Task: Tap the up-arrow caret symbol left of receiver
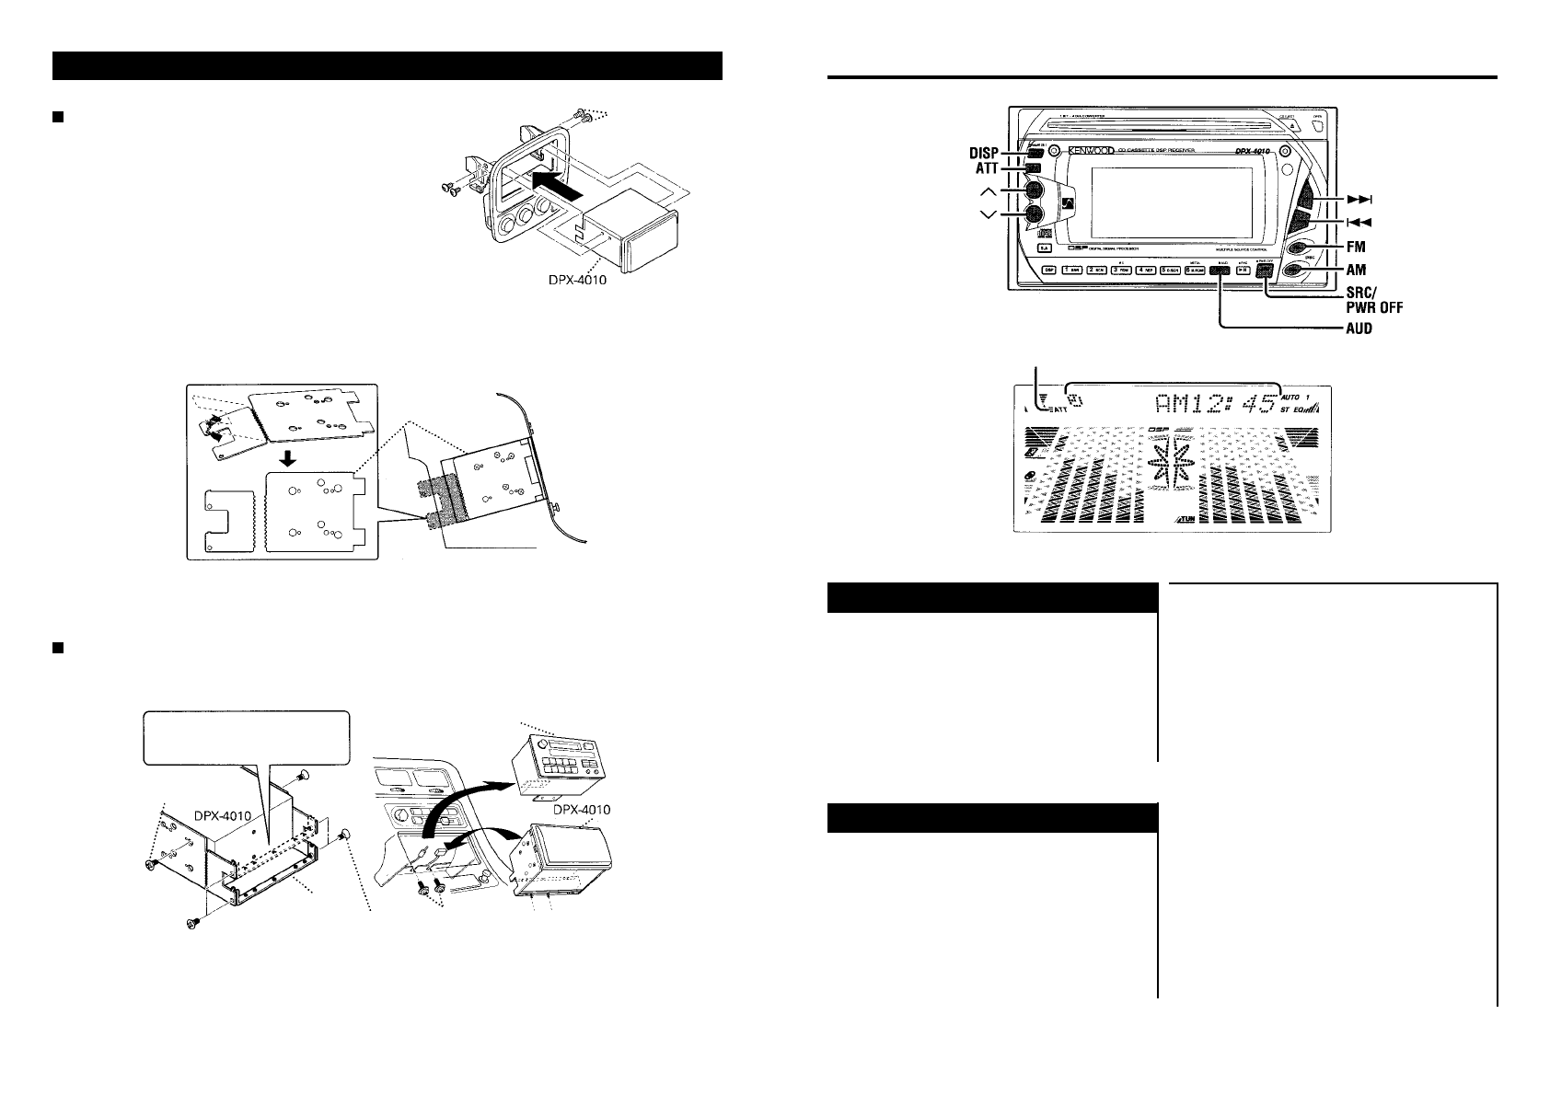click(989, 191)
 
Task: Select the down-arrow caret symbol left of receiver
click(989, 214)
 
